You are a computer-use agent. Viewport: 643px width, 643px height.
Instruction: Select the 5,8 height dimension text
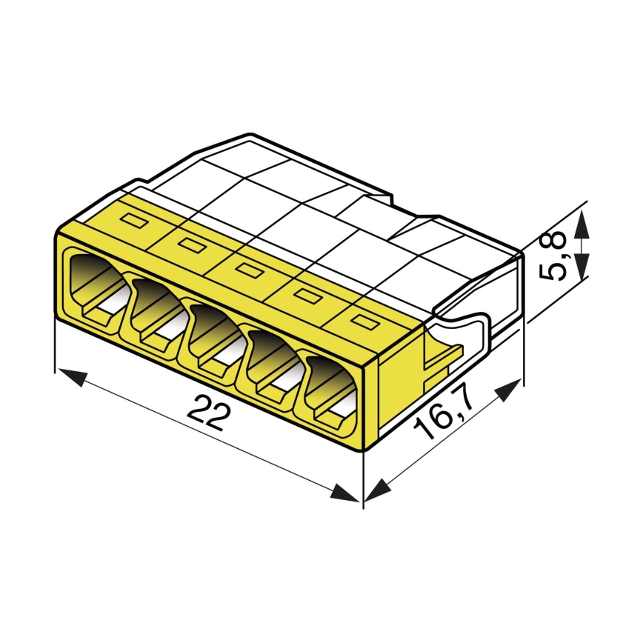556,256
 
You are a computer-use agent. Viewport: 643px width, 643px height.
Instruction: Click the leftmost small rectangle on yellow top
136,219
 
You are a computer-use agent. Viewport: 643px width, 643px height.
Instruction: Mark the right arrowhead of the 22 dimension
346,494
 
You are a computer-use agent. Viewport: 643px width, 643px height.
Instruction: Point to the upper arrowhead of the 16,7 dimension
509,390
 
